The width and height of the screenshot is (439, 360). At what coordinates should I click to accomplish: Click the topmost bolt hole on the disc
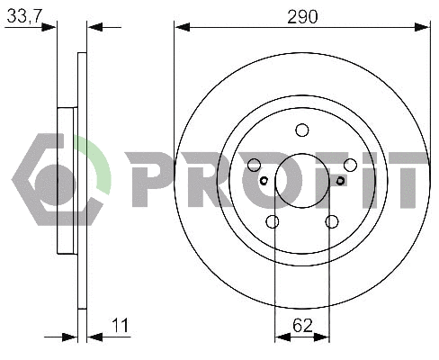[301, 130]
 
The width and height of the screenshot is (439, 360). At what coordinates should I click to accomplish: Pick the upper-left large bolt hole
[254, 165]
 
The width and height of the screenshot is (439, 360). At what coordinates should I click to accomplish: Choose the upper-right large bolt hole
[350, 165]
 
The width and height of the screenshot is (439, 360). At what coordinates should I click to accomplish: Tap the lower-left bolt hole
[273, 221]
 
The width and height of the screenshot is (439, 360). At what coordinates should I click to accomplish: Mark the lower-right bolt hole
[331, 221]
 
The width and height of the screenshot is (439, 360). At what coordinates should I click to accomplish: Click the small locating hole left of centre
[264, 181]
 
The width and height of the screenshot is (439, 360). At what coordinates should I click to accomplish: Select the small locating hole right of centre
[340, 181]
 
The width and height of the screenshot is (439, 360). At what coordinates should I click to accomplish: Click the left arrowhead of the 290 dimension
[181, 27]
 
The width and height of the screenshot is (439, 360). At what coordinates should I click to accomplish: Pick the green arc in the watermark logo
[99, 162]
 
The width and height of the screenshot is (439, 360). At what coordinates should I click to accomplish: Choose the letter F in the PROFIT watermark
[318, 178]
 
